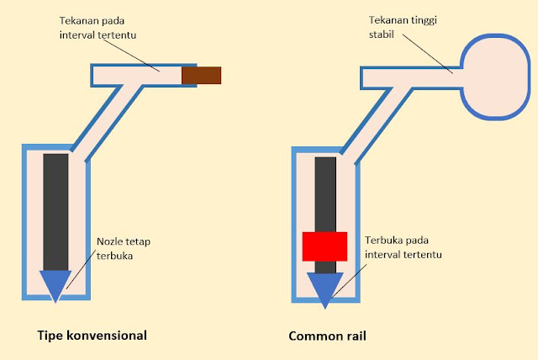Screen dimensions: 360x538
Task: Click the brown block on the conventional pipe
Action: click(x=202, y=76)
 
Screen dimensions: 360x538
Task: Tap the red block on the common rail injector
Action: click(x=324, y=246)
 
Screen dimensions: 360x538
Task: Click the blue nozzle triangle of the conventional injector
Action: click(x=55, y=285)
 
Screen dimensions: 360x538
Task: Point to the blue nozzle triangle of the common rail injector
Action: click(x=324, y=287)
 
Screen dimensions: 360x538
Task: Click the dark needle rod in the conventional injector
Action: click(x=55, y=210)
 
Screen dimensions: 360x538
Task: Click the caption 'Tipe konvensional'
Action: click(x=92, y=335)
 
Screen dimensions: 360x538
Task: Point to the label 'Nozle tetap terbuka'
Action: click(x=123, y=248)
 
